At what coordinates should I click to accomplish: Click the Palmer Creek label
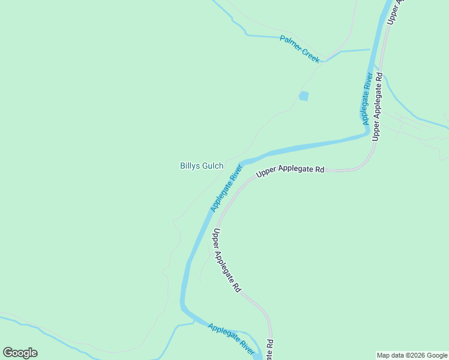tap(300, 49)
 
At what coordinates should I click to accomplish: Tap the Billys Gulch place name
tap(202, 166)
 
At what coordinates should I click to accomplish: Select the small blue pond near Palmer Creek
tap(304, 96)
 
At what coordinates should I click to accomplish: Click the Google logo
tap(20, 353)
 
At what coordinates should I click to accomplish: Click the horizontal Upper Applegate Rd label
tap(291, 171)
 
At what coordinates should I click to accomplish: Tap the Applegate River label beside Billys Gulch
tap(225, 188)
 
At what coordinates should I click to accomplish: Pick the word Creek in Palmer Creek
tap(310, 56)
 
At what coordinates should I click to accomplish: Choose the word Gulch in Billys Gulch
tap(212, 166)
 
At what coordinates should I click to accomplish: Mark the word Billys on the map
tap(190, 166)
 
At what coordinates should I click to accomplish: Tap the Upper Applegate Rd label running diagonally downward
tap(227, 260)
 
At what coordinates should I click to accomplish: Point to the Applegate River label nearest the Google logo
tap(231, 337)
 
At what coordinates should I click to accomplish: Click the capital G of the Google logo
tap(8, 352)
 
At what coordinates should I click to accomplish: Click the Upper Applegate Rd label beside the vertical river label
tap(377, 106)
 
